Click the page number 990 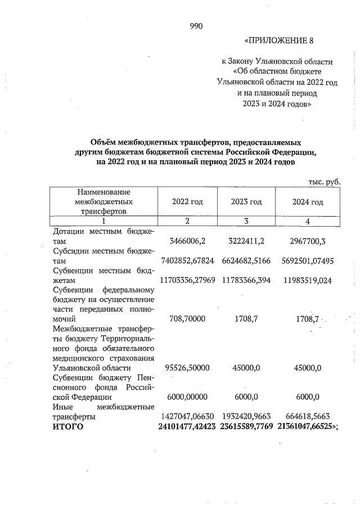click(196, 26)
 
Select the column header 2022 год click(187, 201)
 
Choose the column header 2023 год click(246, 201)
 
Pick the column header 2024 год click(308, 201)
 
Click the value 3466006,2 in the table click(187, 241)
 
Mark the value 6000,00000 click(187, 397)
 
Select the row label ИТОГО click(67, 427)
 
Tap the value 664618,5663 click(308, 417)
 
